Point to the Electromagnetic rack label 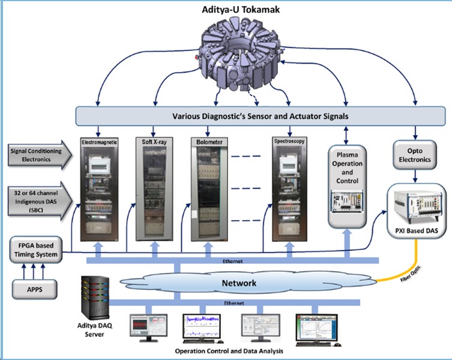click(x=101, y=142)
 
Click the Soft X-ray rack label click(x=155, y=142)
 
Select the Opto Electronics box click(x=414, y=152)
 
